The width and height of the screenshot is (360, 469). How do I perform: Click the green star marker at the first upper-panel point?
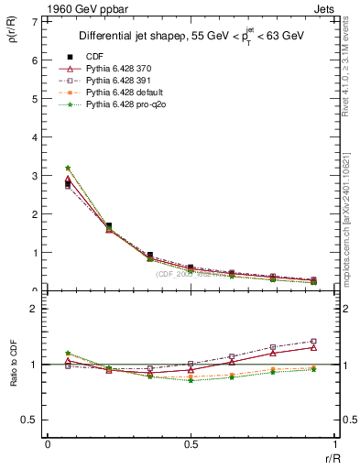click(x=68, y=168)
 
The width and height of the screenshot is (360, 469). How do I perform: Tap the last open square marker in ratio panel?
click(x=313, y=342)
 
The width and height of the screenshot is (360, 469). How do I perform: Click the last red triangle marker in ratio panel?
click(x=313, y=347)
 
